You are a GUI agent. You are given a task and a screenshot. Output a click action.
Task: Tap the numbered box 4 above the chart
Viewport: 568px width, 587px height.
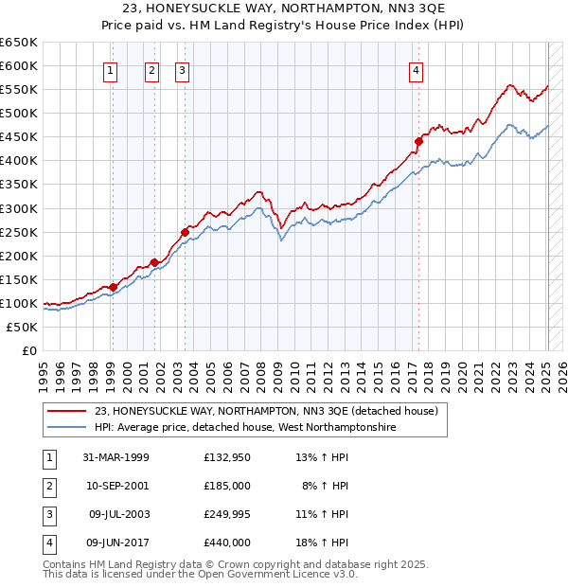(x=417, y=69)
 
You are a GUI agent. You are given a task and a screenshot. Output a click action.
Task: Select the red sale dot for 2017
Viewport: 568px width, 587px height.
(x=417, y=141)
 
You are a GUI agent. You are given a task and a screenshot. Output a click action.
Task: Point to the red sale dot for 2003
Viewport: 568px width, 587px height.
(x=186, y=232)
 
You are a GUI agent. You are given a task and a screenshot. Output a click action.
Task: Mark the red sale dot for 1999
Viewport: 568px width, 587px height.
(x=113, y=287)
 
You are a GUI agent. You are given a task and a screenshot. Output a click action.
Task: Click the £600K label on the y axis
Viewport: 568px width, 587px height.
(x=19, y=65)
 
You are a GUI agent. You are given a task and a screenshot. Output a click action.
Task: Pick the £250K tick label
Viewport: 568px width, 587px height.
(x=19, y=232)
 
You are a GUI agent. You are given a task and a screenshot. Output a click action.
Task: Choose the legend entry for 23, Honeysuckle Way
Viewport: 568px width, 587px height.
(x=265, y=412)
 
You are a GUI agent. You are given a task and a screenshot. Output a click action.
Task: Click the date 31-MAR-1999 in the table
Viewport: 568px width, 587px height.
(x=116, y=457)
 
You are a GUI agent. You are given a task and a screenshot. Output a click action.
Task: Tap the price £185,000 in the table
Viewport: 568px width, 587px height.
(x=226, y=486)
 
